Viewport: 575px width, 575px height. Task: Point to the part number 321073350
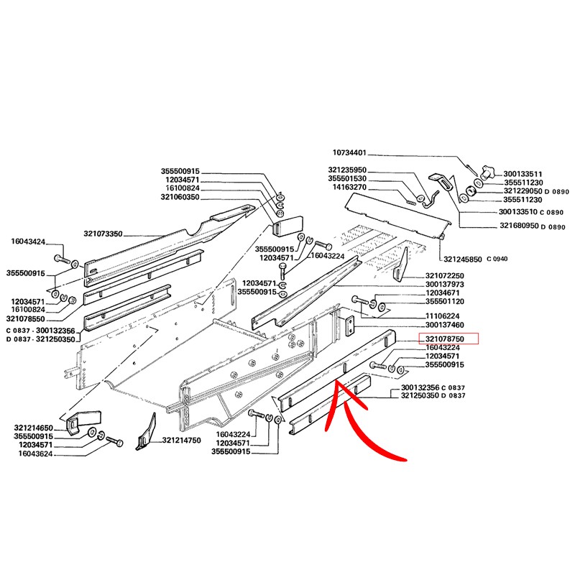[x=103, y=234]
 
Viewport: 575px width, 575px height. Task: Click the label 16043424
[x=28, y=241]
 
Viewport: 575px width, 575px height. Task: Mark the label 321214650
[x=33, y=428]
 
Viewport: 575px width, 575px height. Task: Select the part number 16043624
[x=36, y=454]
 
